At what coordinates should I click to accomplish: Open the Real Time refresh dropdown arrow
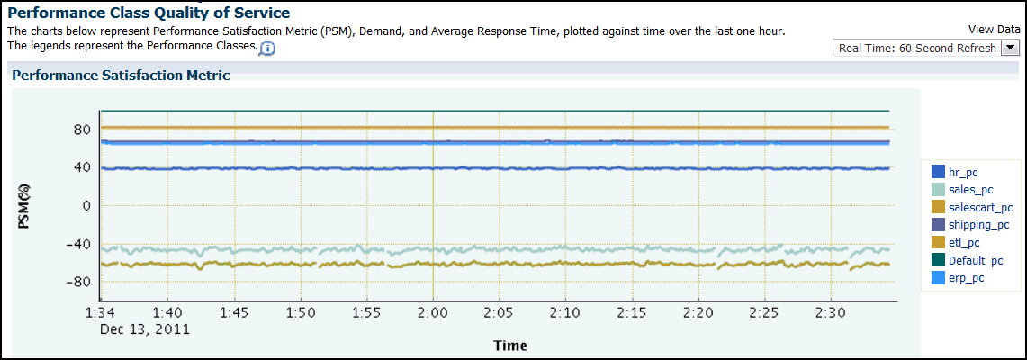(x=1010, y=49)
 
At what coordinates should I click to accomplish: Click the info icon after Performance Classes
(x=266, y=48)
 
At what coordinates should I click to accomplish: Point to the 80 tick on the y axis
(x=82, y=130)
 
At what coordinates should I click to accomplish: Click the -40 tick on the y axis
(x=79, y=244)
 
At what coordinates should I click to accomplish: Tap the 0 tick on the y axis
(x=86, y=206)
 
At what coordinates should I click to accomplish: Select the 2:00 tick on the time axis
(x=433, y=312)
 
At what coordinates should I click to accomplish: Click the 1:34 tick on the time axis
(x=101, y=312)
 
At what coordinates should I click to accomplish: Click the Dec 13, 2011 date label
(x=145, y=328)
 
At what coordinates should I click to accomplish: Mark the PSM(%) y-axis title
(x=25, y=206)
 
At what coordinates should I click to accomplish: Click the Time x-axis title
(x=509, y=346)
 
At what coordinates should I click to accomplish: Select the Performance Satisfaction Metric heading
(x=121, y=76)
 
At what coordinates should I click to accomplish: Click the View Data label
(x=994, y=30)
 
